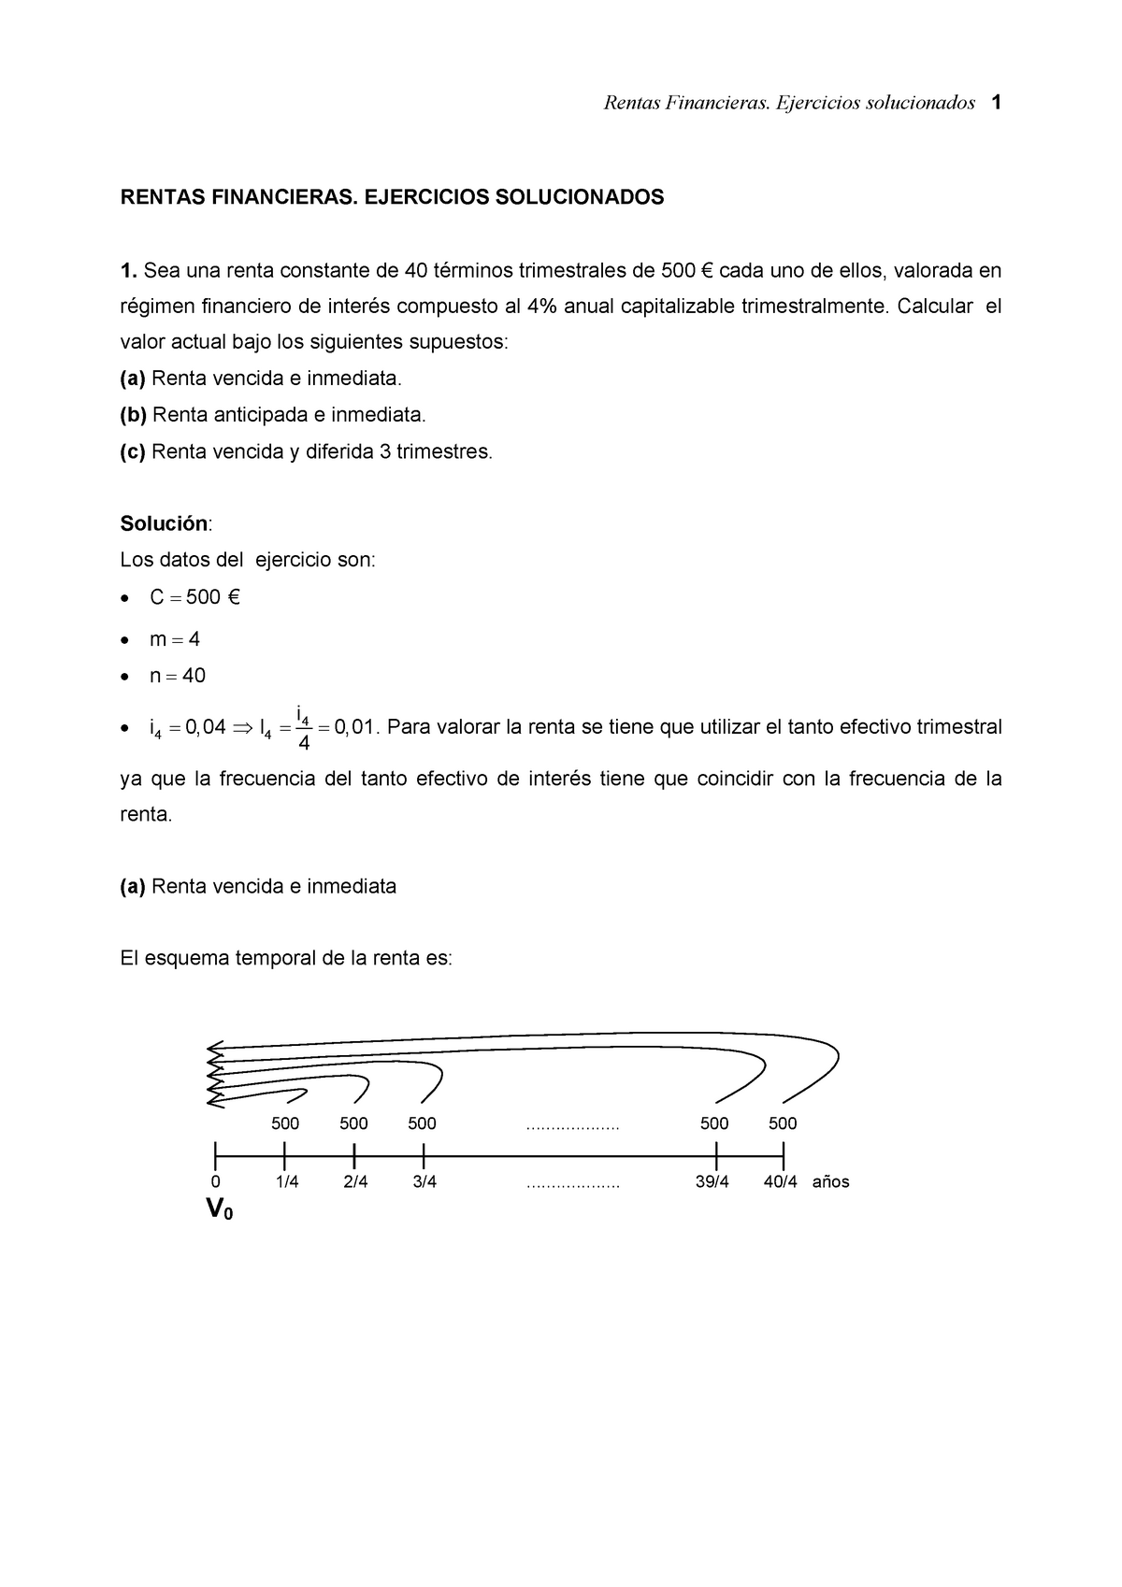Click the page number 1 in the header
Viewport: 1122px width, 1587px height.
coord(997,103)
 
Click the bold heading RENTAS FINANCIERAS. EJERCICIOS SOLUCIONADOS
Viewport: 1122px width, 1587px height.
coord(392,197)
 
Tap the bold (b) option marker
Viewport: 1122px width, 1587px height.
coord(134,414)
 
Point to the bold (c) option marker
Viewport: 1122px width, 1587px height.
coord(133,451)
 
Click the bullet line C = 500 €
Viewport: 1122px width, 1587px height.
coord(194,597)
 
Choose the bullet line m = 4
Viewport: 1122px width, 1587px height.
coord(175,639)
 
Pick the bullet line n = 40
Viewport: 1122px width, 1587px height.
coord(178,676)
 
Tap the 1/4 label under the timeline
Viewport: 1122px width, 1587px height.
coord(287,1182)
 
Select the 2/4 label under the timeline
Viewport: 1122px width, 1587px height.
coord(355,1182)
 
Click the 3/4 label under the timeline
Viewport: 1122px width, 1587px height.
coord(424,1182)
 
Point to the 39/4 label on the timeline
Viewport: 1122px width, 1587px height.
coord(712,1182)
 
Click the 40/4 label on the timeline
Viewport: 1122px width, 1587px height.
coord(781,1182)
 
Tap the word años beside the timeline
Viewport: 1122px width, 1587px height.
coord(830,1182)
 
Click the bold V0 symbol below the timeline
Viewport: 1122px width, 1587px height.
coord(219,1210)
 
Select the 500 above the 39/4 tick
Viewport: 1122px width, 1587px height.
coord(714,1123)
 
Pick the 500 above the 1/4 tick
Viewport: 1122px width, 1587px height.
coord(285,1123)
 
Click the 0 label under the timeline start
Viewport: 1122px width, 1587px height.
coord(216,1182)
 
